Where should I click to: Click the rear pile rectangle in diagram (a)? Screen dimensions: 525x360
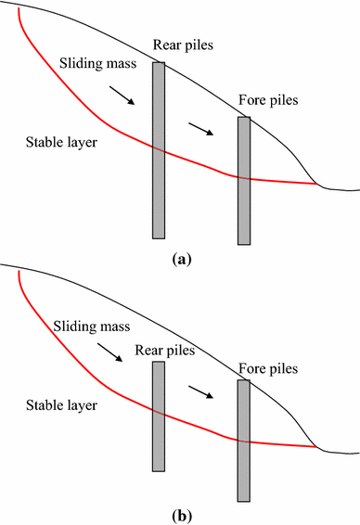[x=159, y=149]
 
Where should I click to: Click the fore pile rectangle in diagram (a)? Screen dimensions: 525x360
[x=244, y=180]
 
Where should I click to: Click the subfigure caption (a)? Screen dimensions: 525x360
[x=181, y=260]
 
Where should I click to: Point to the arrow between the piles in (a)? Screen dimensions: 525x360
[x=201, y=128]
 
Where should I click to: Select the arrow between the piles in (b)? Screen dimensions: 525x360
[x=201, y=391]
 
